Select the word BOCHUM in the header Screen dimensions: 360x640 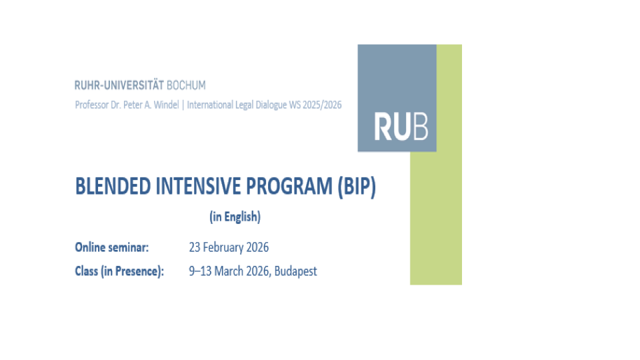click(x=186, y=85)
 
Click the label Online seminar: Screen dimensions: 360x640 click(x=112, y=247)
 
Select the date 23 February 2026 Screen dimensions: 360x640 click(x=229, y=247)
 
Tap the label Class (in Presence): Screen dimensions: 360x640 click(x=119, y=271)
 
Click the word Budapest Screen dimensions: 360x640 click(x=297, y=271)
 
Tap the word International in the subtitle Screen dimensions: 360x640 click(x=210, y=105)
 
